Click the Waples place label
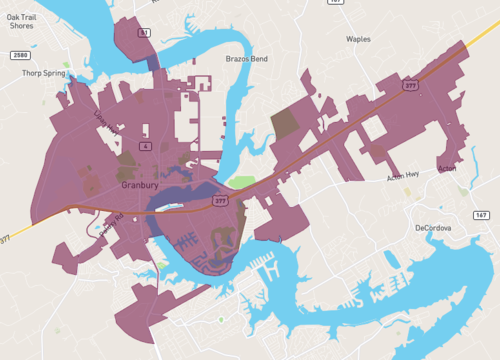click(x=357, y=39)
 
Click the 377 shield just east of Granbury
click(x=219, y=201)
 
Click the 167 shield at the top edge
click(x=336, y=3)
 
